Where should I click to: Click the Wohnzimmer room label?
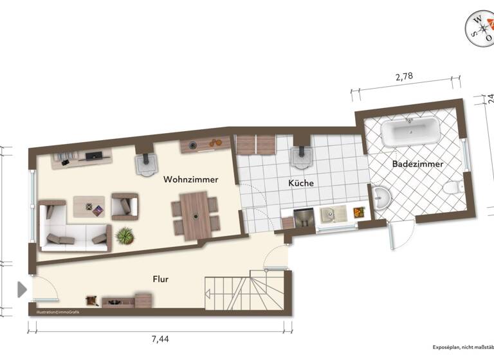pos(190,180)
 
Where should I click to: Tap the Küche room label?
pos(301,183)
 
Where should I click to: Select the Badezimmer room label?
pos(417,164)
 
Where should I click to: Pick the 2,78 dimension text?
pos(403,77)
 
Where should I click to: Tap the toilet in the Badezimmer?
pos(453,188)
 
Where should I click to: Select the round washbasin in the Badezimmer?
pos(383,197)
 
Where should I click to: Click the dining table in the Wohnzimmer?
pos(194,215)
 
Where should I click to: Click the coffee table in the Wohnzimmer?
pos(89,206)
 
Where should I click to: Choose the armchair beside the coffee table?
pos(124,206)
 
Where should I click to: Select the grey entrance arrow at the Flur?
pos(22,289)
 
